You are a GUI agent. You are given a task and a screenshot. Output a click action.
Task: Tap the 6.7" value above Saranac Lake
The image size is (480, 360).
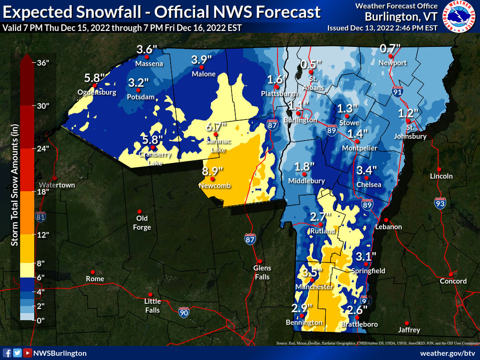217,127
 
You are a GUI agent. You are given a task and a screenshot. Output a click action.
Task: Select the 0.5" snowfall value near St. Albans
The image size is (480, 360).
311,64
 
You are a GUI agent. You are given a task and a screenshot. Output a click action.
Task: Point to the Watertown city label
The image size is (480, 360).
57,185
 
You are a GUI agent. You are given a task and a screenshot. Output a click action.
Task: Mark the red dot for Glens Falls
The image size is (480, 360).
259,262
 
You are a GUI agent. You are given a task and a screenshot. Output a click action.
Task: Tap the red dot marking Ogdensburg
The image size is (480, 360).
95,86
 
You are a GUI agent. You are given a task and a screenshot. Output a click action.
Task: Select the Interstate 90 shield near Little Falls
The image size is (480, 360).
184,313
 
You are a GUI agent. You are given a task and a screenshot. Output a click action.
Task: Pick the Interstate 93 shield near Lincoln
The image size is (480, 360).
440,203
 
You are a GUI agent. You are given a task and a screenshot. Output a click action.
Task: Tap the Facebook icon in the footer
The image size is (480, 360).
7,353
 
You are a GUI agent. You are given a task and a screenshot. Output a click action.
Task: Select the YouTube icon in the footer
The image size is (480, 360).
28,353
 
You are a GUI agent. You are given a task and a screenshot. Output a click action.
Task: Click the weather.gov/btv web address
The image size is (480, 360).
448,353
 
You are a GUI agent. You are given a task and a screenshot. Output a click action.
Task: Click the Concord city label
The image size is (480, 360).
453,281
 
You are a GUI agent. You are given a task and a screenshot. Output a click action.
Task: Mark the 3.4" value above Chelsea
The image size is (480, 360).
367,170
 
